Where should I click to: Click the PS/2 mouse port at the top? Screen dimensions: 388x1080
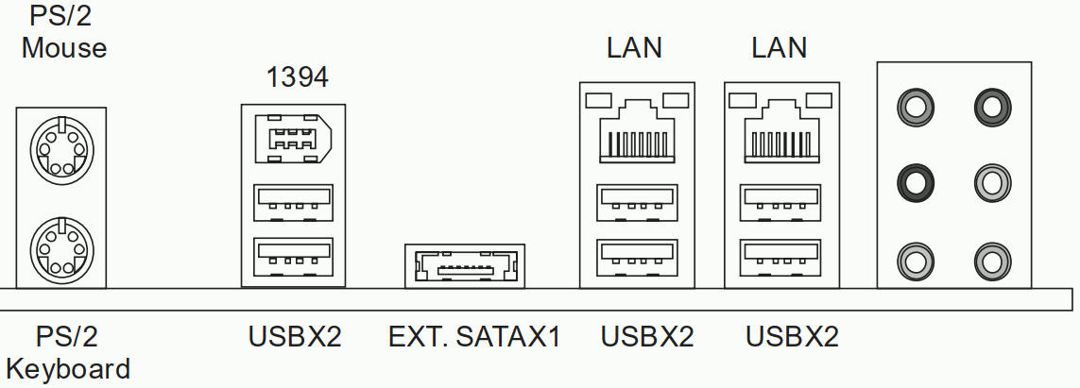(60, 150)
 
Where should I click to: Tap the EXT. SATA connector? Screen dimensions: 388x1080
(463, 268)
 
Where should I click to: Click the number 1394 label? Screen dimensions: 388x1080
(297, 77)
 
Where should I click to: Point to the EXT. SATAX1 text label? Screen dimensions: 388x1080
(474, 337)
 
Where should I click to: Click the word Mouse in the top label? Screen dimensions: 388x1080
(64, 47)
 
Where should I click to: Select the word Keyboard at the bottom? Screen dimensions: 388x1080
(68, 368)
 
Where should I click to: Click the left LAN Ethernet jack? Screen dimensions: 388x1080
(637, 131)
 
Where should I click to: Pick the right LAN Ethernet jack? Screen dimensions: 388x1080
(780, 131)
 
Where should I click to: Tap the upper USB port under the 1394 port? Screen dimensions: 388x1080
(294, 202)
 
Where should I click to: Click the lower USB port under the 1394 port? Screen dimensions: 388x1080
(294, 254)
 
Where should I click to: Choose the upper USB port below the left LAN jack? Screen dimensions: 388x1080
(637, 202)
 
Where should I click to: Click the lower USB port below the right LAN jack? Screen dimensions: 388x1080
(780, 254)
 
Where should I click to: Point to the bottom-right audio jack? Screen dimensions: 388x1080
(990, 257)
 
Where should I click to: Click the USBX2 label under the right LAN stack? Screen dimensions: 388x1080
(792, 337)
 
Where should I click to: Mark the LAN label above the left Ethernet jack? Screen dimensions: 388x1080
(635, 47)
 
